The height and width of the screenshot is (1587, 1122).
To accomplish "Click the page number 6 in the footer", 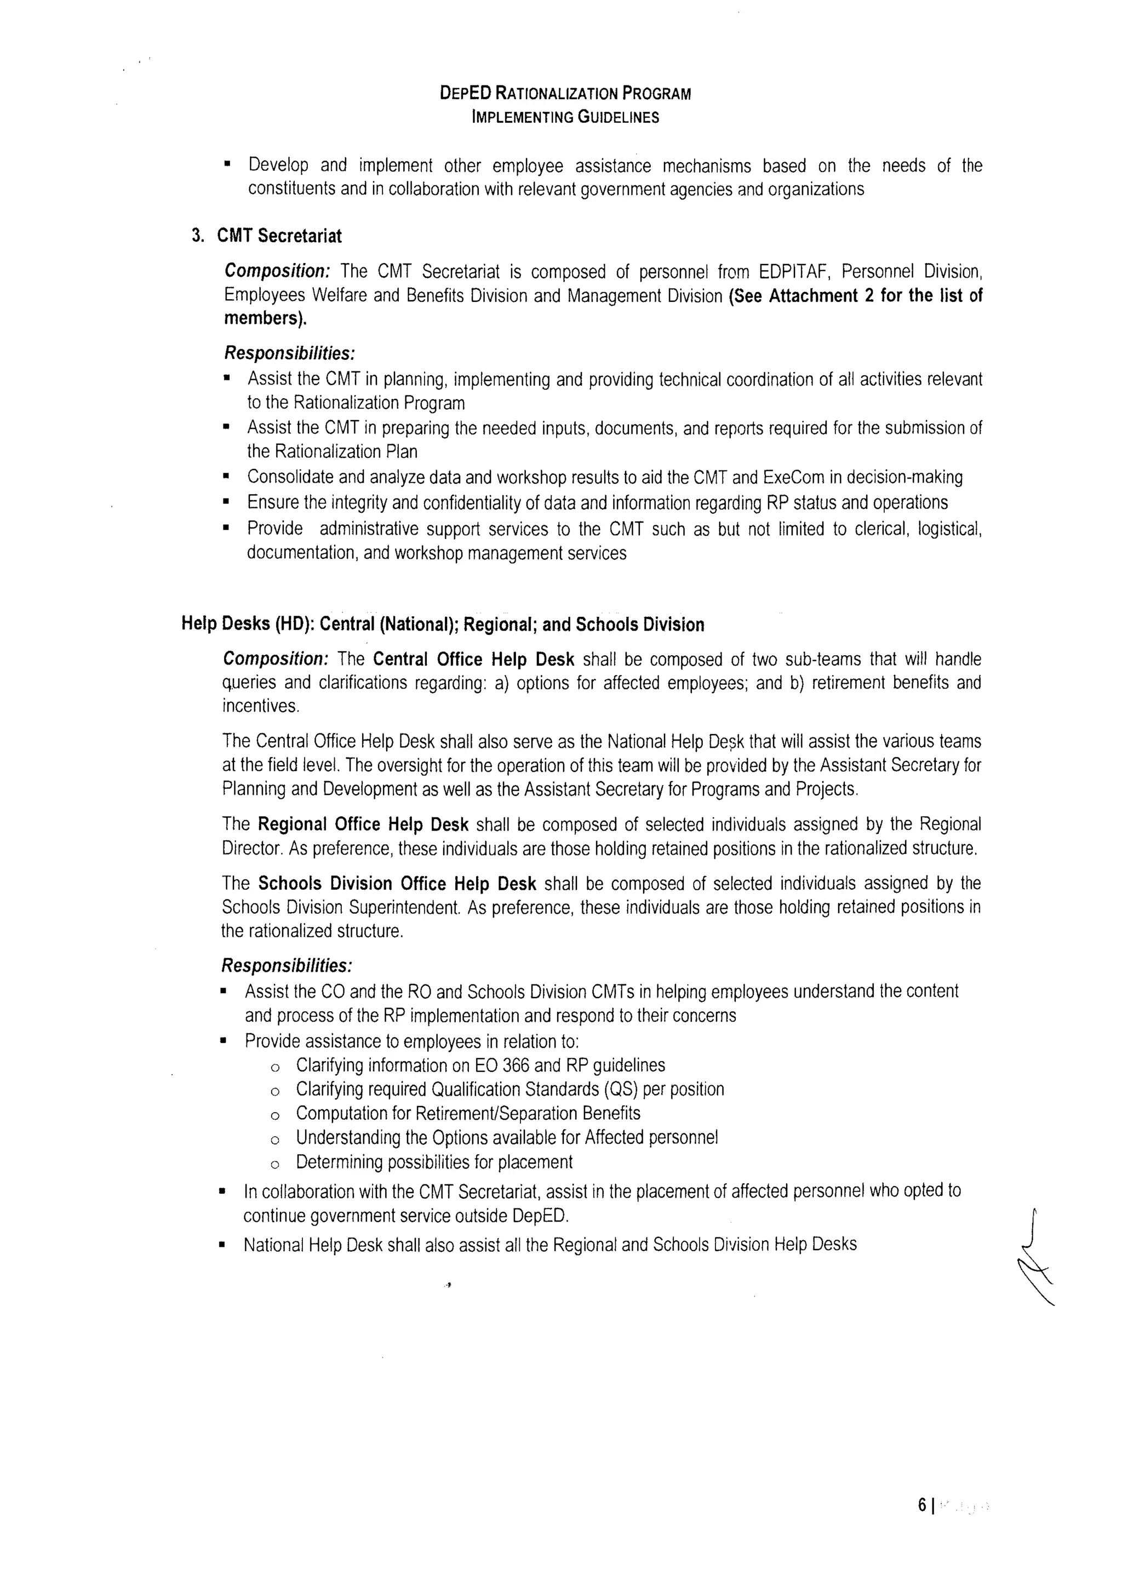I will [x=921, y=1524].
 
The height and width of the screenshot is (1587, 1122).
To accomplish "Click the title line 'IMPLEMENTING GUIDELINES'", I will [x=565, y=117].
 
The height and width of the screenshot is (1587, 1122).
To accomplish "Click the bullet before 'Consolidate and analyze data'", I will [x=226, y=477].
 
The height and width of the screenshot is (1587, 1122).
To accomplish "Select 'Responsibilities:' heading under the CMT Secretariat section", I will [x=290, y=353].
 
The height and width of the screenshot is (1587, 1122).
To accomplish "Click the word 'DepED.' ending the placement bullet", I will [x=541, y=1216].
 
